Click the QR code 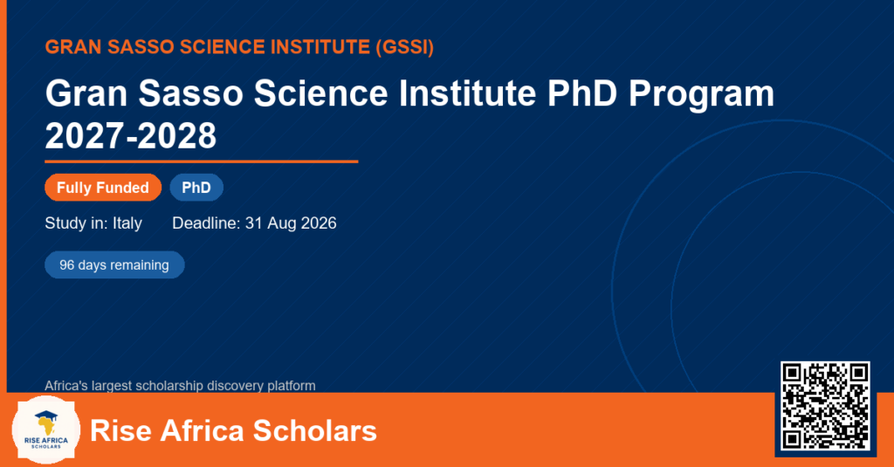pyautogui.click(x=825, y=405)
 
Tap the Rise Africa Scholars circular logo pyautogui.click(x=46, y=430)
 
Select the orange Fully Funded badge pyautogui.click(x=103, y=188)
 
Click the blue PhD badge pyautogui.click(x=196, y=188)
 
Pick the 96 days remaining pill pyautogui.click(x=114, y=265)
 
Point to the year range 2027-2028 pyautogui.click(x=131, y=135)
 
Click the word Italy pyautogui.click(x=127, y=223)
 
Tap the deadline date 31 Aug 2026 pyautogui.click(x=291, y=223)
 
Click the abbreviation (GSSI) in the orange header pyautogui.click(x=405, y=47)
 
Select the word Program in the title pyautogui.click(x=701, y=94)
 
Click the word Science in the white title pyautogui.click(x=321, y=93)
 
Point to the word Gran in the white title pyautogui.click(x=86, y=93)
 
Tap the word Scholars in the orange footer pyautogui.click(x=314, y=430)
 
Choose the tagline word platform pyautogui.click(x=292, y=386)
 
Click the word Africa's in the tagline pyautogui.click(x=66, y=386)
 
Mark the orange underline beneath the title pyautogui.click(x=202, y=162)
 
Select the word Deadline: pyautogui.click(x=206, y=223)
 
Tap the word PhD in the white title pyautogui.click(x=582, y=93)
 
